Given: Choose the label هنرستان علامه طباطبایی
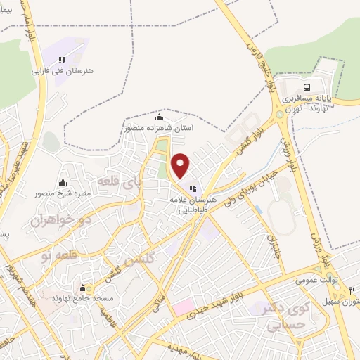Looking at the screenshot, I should (191, 205).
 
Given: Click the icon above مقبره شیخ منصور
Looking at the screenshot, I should (63, 183).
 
